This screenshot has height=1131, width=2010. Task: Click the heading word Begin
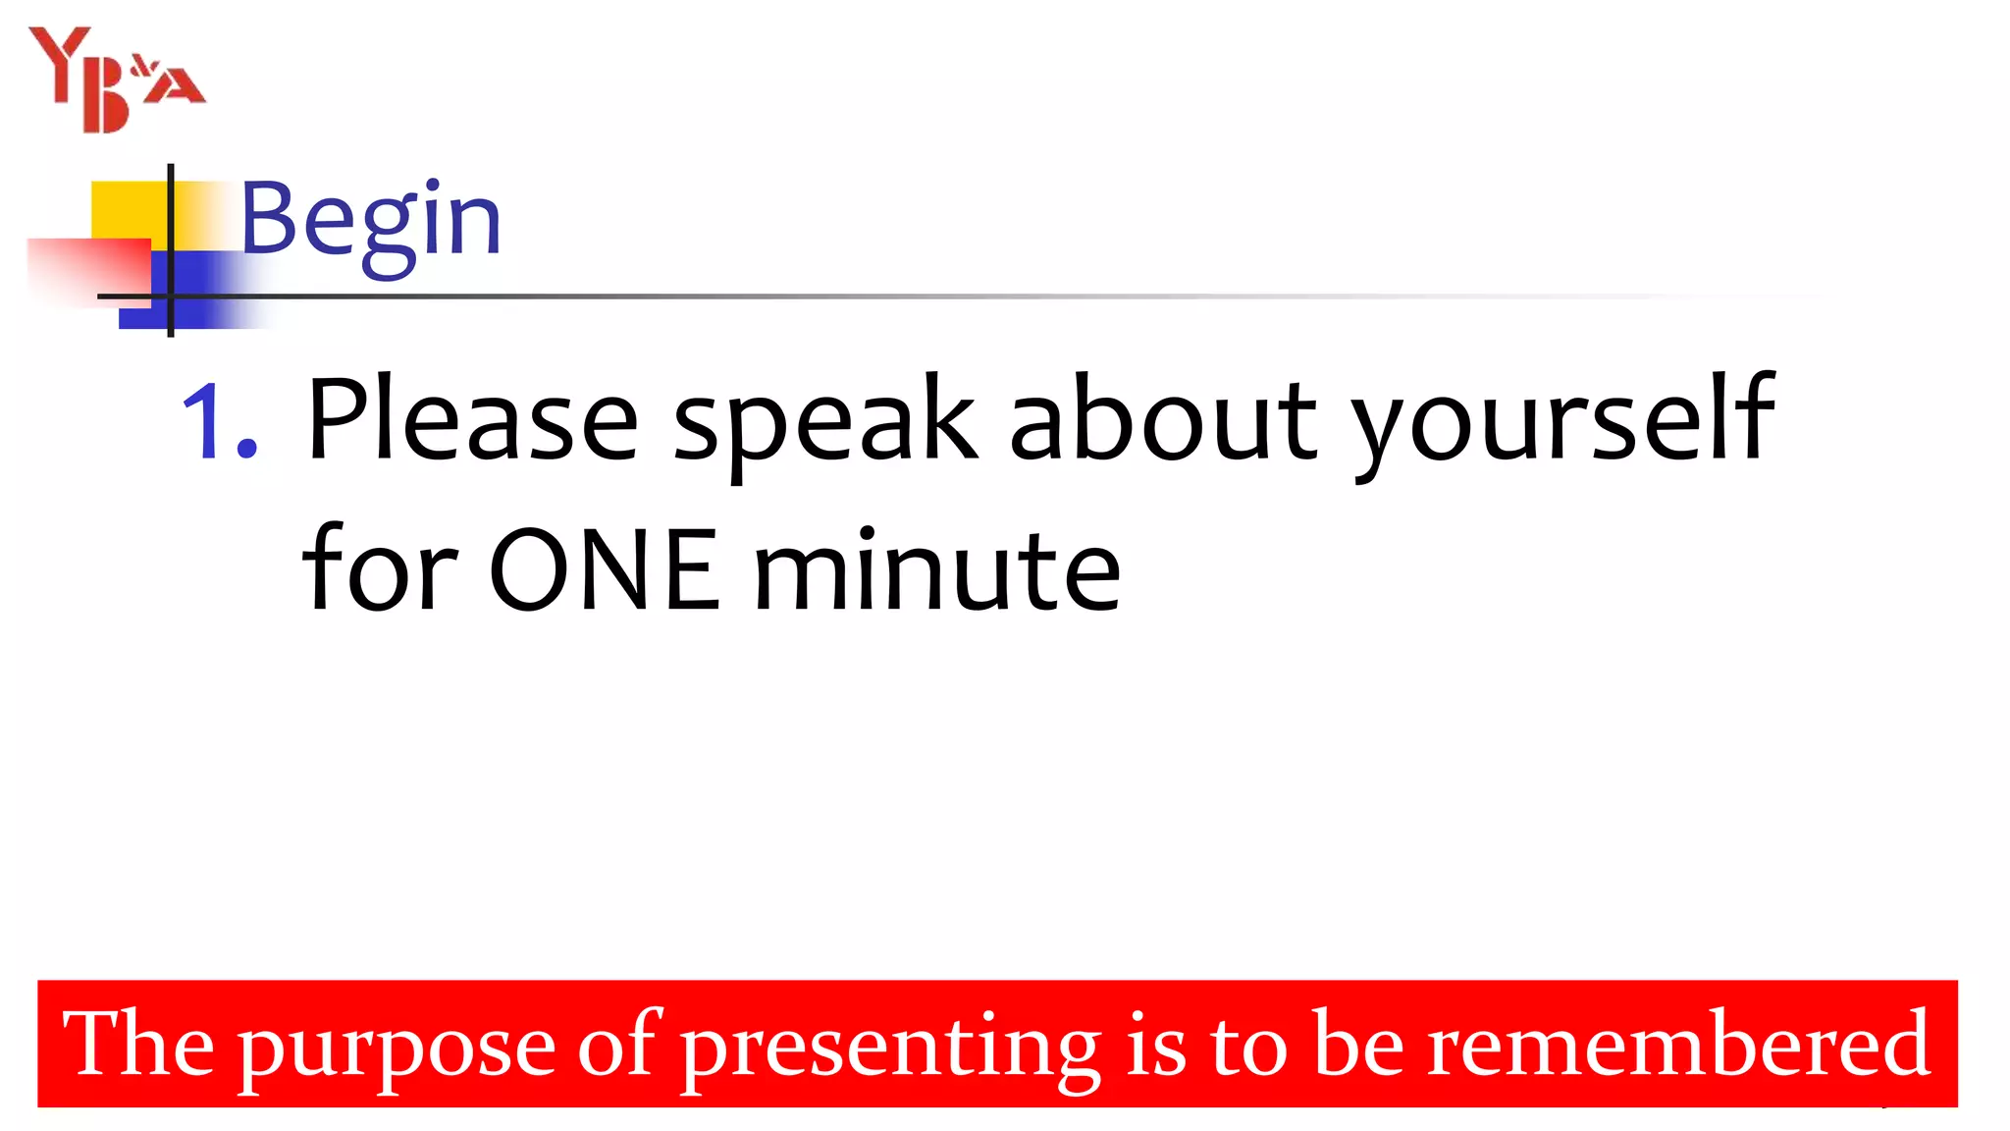click(x=371, y=221)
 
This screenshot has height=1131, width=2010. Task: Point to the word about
click(x=1163, y=420)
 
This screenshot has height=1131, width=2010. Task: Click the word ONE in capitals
click(x=605, y=569)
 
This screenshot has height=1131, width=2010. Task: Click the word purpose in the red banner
click(x=397, y=1049)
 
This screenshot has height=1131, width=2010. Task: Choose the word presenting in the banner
click(x=889, y=1049)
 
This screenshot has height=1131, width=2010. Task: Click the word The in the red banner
click(x=138, y=1043)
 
